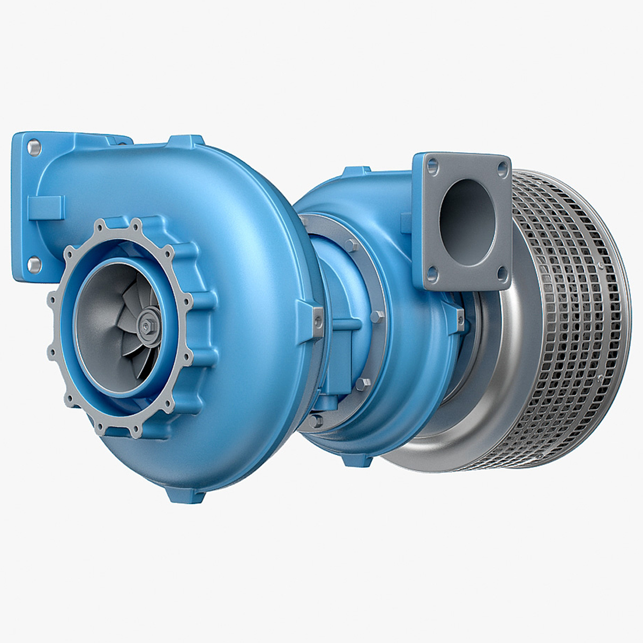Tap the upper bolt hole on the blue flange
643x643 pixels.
(x=35, y=146)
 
